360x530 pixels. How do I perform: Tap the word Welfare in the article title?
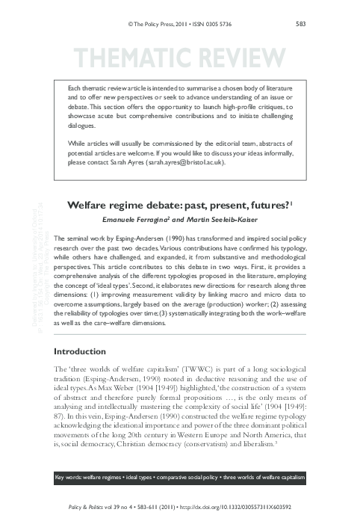pos(89,203)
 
